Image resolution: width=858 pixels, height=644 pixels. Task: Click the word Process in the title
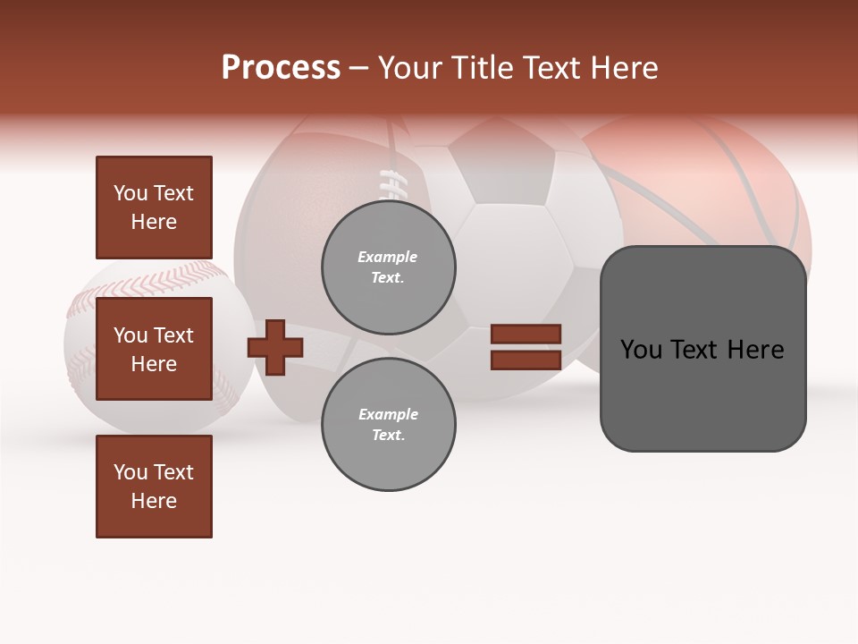(281, 68)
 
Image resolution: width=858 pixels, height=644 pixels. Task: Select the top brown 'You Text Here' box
(154, 208)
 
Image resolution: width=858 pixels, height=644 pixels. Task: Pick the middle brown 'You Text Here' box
(154, 349)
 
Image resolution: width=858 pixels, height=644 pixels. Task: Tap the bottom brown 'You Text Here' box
(154, 487)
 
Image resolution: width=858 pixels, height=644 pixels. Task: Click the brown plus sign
(275, 347)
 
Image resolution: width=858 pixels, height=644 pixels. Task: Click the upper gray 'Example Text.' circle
(388, 267)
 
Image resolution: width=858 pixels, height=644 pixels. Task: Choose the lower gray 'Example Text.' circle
(388, 425)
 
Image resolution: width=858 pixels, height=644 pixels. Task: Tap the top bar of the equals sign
(526, 334)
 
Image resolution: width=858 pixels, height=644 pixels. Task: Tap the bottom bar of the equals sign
(526, 360)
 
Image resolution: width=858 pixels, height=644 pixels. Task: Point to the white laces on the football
(391, 183)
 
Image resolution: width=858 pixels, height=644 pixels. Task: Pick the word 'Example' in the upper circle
(388, 257)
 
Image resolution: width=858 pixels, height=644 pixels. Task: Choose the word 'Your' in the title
(409, 68)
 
